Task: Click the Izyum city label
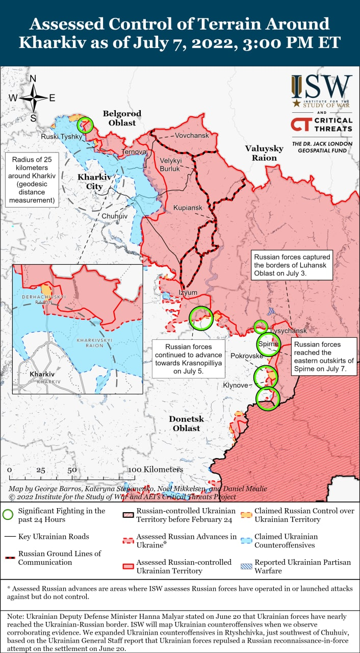pyautogui.click(x=187, y=292)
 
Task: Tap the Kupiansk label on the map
pyautogui.click(x=188, y=208)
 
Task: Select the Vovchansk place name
pyautogui.click(x=192, y=136)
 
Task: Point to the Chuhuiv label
pyautogui.click(x=114, y=216)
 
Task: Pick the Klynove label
pyautogui.click(x=236, y=385)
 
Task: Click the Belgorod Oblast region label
pyautogui.click(x=122, y=118)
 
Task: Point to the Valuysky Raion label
pyautogui.click(x=264, y=153)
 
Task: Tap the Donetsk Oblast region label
pyautogui.click(x=186, y=423)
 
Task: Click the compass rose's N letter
pyautogui.click(x=33, y=79)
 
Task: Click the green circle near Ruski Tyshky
pyautogui.click(x=86, y=124)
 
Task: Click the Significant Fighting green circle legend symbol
pyautogui.click(x=8, y=515)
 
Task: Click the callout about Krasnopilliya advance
pyautogui.click(x=188, y=359)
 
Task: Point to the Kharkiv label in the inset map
pyautogui.click(x=42, y=374)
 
